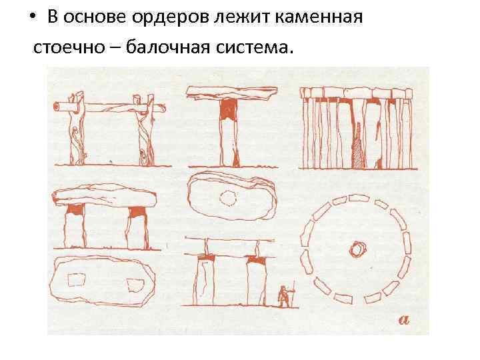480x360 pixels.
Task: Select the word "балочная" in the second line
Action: (x=168, y=47)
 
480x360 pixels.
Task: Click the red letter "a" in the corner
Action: (x=404, y=320)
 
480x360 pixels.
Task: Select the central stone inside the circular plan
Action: (x=357, y=249)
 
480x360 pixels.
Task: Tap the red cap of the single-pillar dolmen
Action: (x=229, y=109)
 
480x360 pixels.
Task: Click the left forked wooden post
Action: (x=76, y=129)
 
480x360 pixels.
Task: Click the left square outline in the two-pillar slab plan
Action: (x=76, y=280)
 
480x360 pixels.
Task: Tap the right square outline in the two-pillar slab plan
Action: (x=135, y=285)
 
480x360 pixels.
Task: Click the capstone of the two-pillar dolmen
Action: (x=105, y=196)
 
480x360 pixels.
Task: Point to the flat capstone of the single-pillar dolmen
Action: (x=232, y=93)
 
